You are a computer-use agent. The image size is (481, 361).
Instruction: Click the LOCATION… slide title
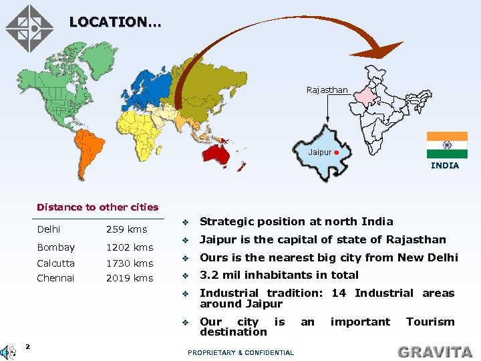point(115,22)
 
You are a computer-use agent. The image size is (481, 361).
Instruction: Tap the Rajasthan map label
point(327,90)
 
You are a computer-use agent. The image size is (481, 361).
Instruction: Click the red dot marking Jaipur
point(337,152)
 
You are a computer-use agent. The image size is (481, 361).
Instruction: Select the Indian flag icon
point(446,145)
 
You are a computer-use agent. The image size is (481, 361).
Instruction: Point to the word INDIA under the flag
point(445,165)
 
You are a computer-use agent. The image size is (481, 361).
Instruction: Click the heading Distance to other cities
point(98,207)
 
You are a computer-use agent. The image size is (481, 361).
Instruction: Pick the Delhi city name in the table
point(49,229)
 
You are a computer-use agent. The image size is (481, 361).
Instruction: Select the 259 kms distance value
point(126,229)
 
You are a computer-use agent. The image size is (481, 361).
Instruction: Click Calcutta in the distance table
point(56,263)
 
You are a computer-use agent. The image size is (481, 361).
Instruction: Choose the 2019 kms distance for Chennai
point(130,278)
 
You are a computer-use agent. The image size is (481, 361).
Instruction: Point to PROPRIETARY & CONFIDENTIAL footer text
point(240,352)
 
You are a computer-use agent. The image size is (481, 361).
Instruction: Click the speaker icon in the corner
point(9,351)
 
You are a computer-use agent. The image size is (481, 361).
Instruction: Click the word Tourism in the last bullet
point(430,322)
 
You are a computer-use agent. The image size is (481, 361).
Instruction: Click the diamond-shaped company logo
point(29,28)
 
